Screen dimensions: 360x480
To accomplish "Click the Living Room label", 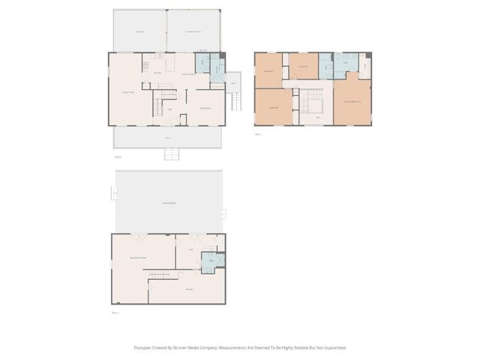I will (128, 92).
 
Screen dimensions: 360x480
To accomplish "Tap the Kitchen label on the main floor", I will (157, 73).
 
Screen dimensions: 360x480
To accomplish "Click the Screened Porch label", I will (193, 31).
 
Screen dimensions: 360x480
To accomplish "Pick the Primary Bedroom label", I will (352, 100).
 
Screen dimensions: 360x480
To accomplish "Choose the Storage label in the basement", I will (190, 289).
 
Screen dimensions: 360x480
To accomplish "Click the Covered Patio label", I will (169, 202).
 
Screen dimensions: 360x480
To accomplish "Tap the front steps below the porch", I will (172, 154).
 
